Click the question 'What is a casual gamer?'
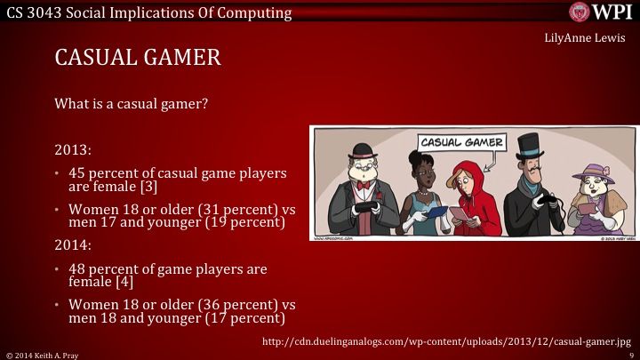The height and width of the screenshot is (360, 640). [131, 104]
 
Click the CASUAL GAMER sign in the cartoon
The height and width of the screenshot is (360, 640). [460, 142]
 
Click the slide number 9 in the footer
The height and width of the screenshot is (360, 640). [630, 354]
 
